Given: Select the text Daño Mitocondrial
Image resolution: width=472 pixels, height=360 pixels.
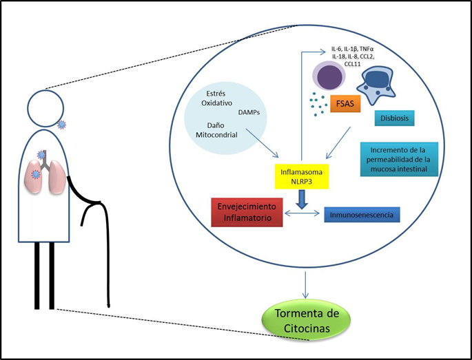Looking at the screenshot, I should tap(216, 129).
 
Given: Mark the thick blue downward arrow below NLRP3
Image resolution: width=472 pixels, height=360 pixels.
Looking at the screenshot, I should tap(300, 199).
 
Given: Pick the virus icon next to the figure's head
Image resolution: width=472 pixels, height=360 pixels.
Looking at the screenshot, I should tap(62, 125).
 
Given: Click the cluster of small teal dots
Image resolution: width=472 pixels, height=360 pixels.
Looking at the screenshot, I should tap(317, 105).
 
